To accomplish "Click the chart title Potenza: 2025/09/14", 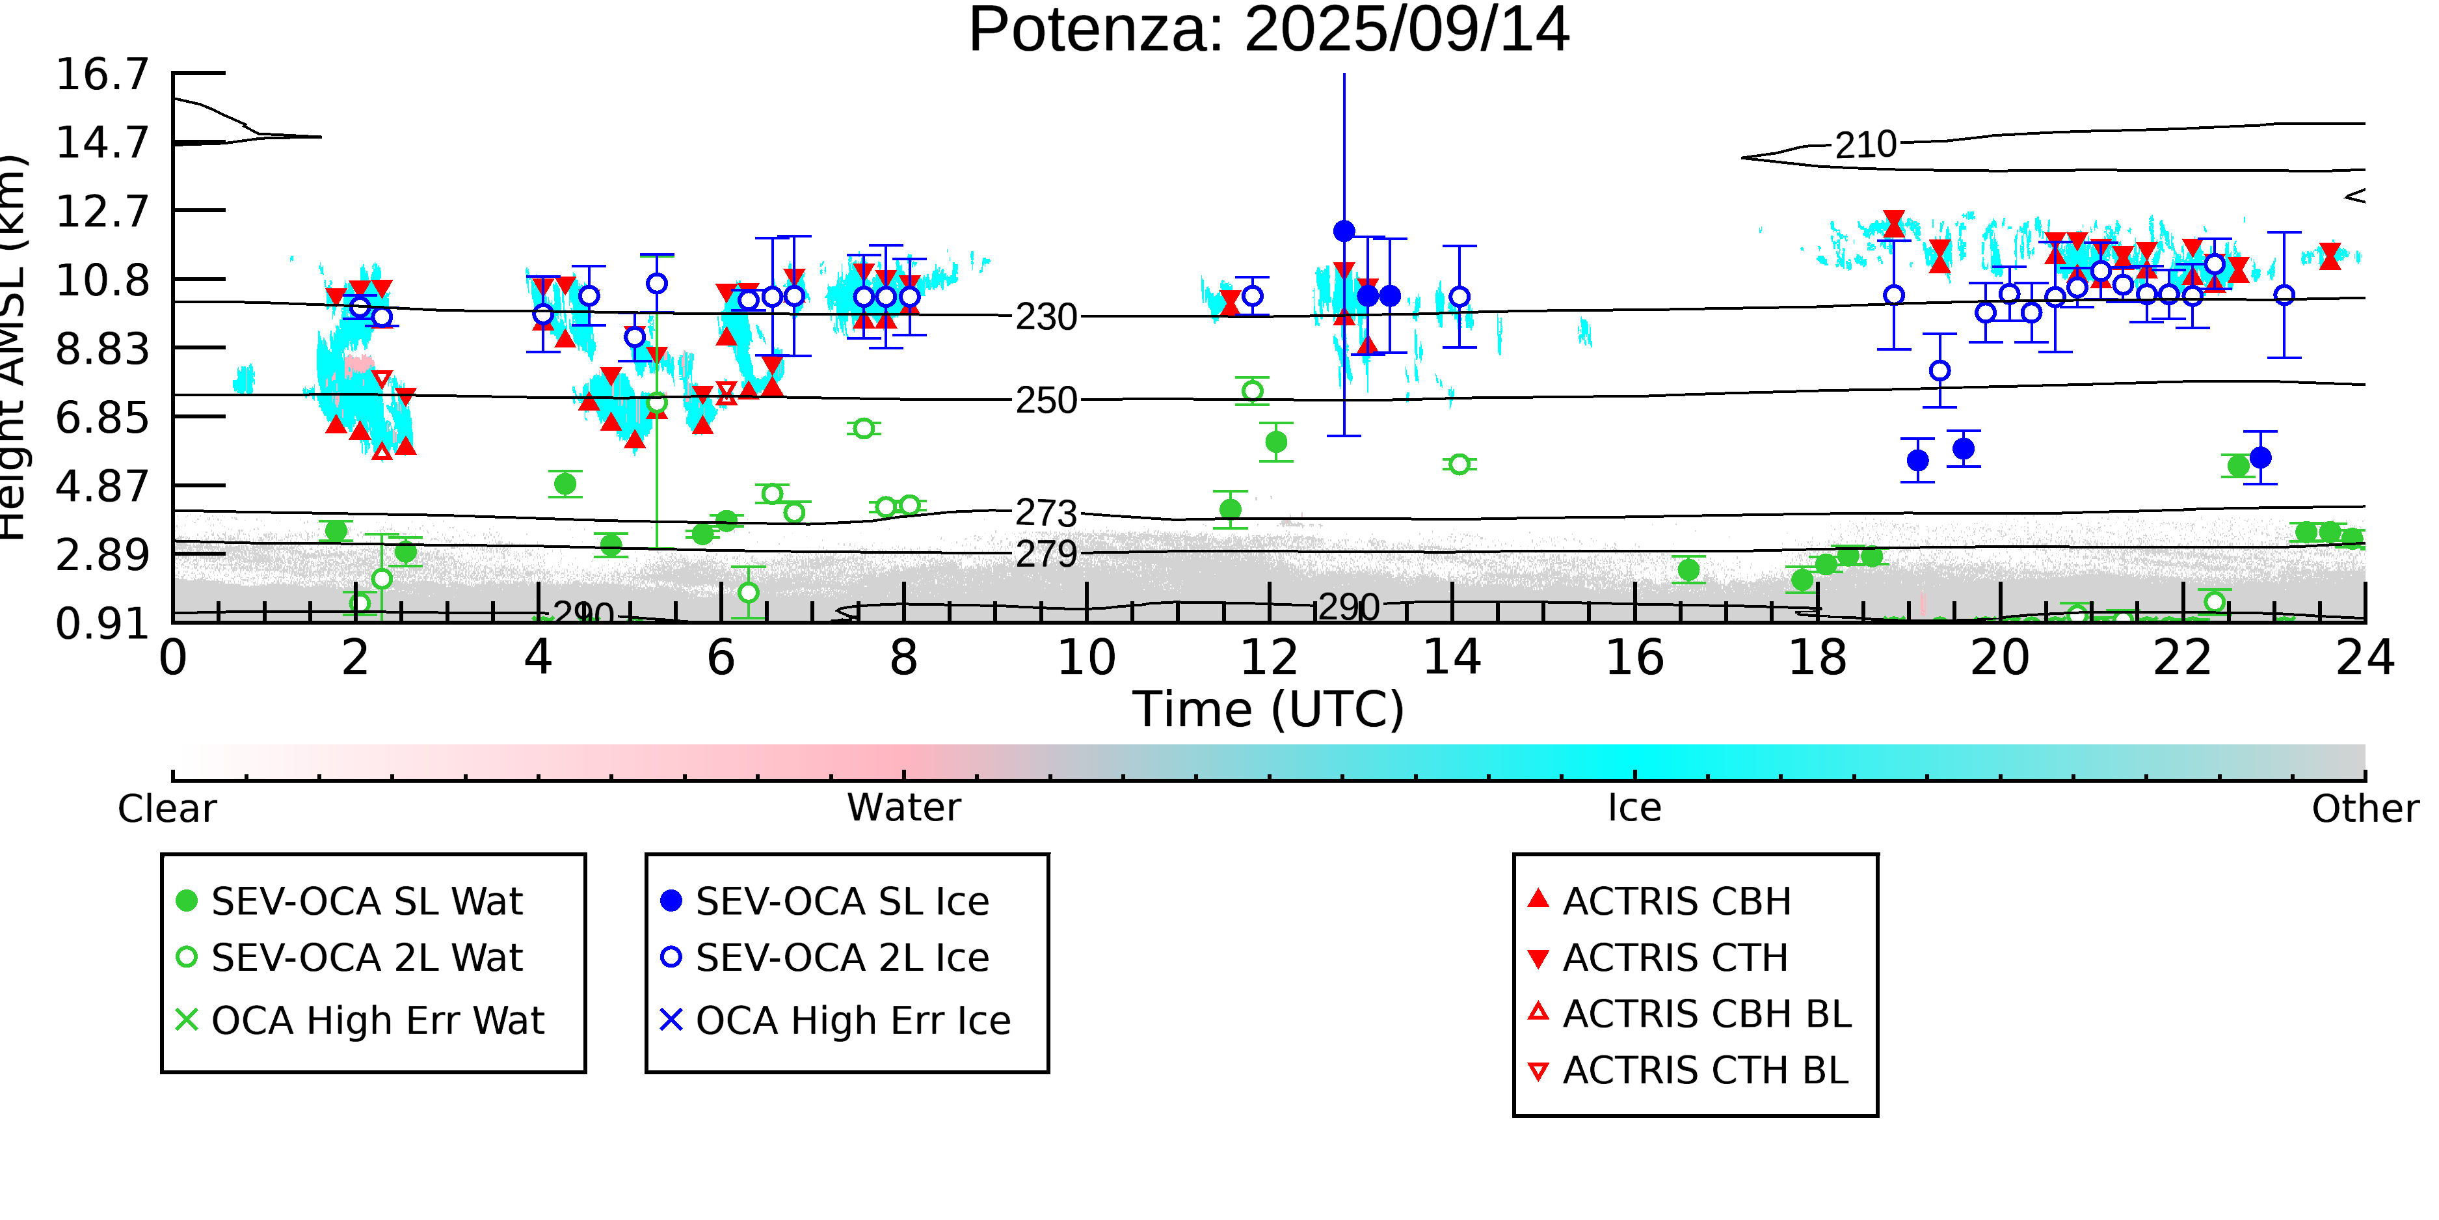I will coord(1269,31).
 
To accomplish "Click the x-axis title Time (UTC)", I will coord(1269,709).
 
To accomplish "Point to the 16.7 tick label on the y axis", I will coord(102,74).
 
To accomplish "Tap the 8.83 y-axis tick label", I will coord(102,349).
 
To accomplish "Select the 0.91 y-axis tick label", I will coord(102,623).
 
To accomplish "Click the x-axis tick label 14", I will coord(1452,657).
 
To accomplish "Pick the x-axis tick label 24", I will coord(2364,657).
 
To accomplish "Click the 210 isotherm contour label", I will coord(1865,146).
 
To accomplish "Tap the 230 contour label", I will coord(1046,318).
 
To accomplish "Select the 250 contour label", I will coord(1046,401).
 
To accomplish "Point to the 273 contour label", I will coord(1046,513).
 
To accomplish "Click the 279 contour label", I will coord(1046,554).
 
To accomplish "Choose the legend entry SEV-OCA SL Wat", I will coord(366,901).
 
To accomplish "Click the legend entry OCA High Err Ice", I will coord(852,1020).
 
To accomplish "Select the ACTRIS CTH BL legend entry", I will coord(1704,1070).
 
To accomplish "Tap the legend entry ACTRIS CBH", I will coord(1676,901).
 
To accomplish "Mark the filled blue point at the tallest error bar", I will coord(1344,231).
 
